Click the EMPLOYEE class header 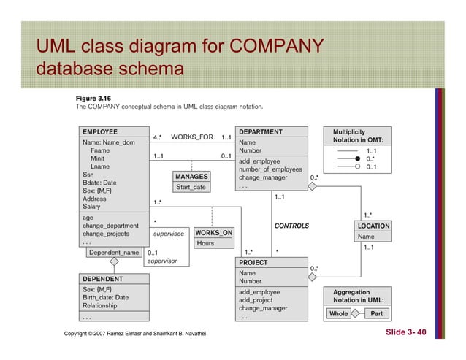point(99,132)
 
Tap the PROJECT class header point(253,261)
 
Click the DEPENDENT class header point(102,279)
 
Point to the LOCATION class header point(373,226)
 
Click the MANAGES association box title point(192,177)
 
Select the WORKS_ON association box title point(213,233)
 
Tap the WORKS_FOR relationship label point(191,137)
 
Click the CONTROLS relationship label point(291,226)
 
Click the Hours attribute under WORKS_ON point(205,243)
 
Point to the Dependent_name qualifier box point(113,252)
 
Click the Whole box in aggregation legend point(338,313)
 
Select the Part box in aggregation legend point(377,313)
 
